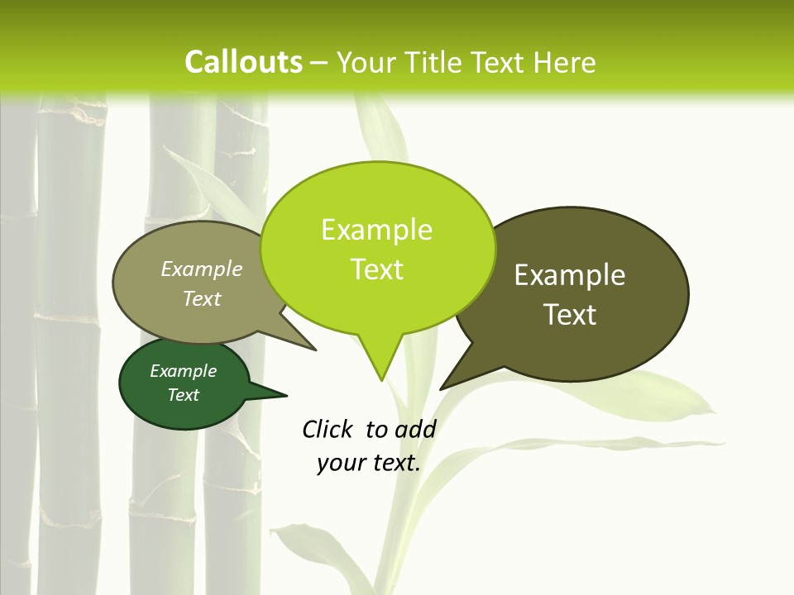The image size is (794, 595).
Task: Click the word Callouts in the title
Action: pos(243,62)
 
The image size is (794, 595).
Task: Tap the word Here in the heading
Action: pos(564,62)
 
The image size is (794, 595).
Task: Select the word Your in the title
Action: pos(366,62)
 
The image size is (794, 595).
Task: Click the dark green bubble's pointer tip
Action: pos(286,395)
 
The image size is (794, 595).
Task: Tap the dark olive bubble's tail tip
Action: pos(441,388)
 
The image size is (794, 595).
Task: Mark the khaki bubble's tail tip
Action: pos(315,350)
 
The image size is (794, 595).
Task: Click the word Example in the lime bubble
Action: pos(376,230)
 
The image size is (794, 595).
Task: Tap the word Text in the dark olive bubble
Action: pos(570,315)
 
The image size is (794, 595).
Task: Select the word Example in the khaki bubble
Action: pos(202,269)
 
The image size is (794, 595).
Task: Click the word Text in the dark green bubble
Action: pos(184,395)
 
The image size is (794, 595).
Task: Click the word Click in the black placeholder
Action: pos(328,429)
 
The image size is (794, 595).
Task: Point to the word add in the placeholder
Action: pos(415,429)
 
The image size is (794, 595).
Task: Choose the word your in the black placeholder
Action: pos(341,463)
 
